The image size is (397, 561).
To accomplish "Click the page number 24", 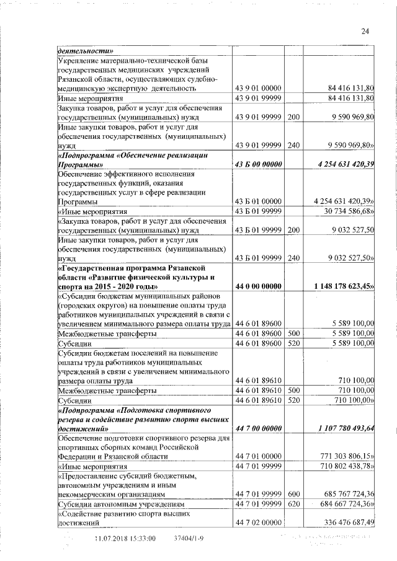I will [365, 32].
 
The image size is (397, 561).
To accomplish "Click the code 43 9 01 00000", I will [259, 88].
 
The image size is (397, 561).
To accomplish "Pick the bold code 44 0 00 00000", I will [259, 287].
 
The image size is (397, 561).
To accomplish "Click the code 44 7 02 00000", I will [259, 524].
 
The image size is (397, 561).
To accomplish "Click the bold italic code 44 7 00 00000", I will [259, 428].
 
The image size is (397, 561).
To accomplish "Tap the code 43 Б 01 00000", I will [259, 201].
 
